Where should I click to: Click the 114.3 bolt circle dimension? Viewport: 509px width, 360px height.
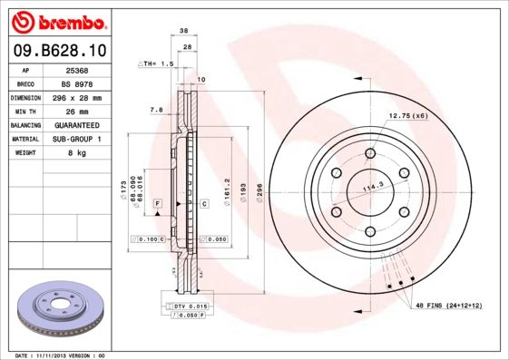click(x=374, y=188)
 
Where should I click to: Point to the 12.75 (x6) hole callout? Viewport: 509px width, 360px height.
click(x=408, y=116)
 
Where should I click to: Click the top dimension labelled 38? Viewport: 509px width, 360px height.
click(x=183, y=30)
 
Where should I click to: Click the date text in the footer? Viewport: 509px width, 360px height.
click(x=62, y=355)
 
